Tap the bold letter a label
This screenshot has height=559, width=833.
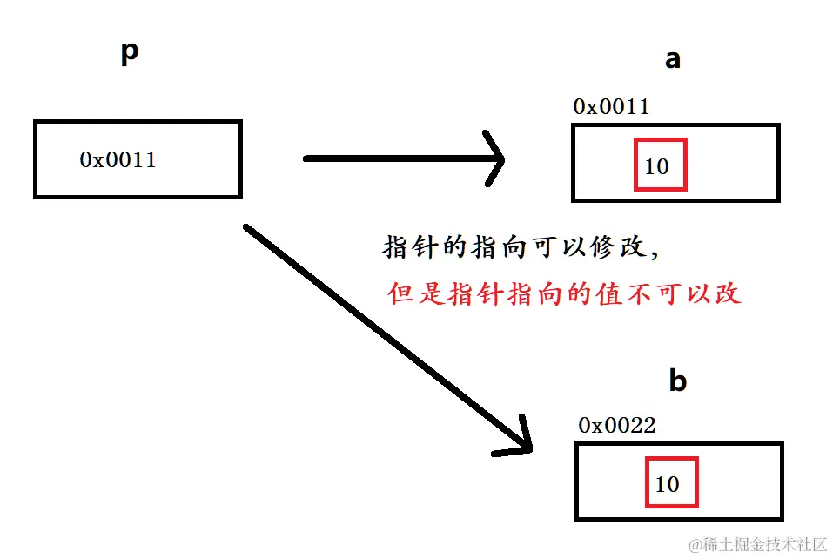click(x=672, y=59)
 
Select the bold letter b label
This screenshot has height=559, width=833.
click(x=677, y=381)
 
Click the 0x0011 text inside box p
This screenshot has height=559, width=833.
click(x=118, y=159)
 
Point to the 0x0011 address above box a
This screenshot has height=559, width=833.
click(x=611, y=107)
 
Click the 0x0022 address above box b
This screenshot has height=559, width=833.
click(x=616, y=425)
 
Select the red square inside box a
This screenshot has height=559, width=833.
click(x=661, y=164)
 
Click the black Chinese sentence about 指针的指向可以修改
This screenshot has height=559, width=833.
click(x=521, y=247)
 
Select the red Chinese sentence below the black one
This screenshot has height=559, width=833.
click(x=564, y=293)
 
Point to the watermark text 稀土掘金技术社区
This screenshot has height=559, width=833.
click(x=757, y=544)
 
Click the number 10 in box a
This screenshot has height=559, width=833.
click(x=657, y=165)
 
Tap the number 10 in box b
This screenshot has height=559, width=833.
click(x=667, y=484)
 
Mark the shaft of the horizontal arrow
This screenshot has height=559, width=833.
click(x=392, y=158)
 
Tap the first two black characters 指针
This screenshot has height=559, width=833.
click(x=412, y=247)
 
